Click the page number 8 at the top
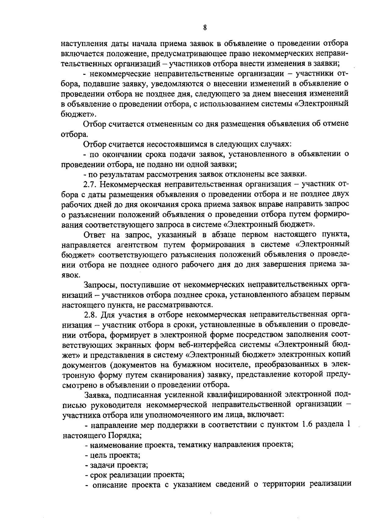point(205,28)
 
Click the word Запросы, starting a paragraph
point(99,285)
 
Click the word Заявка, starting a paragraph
point(97,395)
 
